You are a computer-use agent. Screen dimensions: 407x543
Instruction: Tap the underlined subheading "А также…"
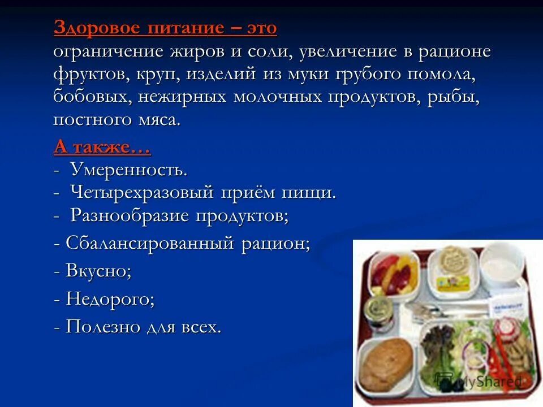pos(102,148)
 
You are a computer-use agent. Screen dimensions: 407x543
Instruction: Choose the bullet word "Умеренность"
pos(128,169)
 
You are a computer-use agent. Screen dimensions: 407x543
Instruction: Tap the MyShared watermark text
pos(484,381)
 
